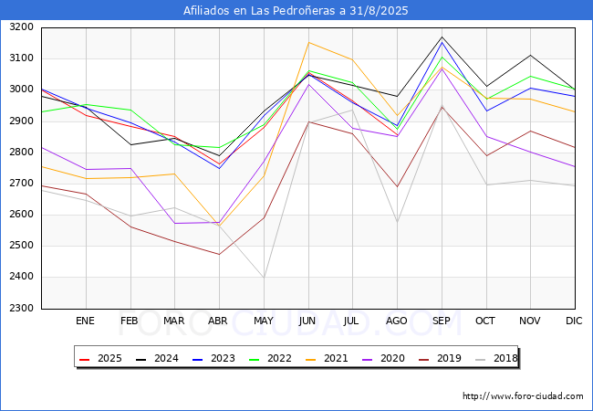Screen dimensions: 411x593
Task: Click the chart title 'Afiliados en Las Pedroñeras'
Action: pos(296,11)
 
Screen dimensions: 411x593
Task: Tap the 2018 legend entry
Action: pos(497,359)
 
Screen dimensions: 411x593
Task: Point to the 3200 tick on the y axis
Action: pos(20,27)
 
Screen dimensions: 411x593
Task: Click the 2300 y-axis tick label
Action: pos(20,308)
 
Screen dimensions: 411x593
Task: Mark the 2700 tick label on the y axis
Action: pos(20,184)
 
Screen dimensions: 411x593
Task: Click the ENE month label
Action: pos(85,321)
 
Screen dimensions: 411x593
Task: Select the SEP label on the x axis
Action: pos(442,321)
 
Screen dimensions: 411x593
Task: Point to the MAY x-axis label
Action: pos(263,321)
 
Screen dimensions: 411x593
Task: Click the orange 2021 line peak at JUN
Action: pos(308,42)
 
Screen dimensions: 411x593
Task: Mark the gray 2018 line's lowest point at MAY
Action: pos(264,277)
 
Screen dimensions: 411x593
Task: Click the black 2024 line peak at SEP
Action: pos(442,37)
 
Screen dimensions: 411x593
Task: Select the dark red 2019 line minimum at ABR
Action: pos(219,254)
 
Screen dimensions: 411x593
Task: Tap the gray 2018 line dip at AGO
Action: pos(397,222)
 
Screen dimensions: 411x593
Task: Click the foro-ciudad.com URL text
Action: pos(523,396)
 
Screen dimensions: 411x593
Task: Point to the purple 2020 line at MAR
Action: pos(174,223)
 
